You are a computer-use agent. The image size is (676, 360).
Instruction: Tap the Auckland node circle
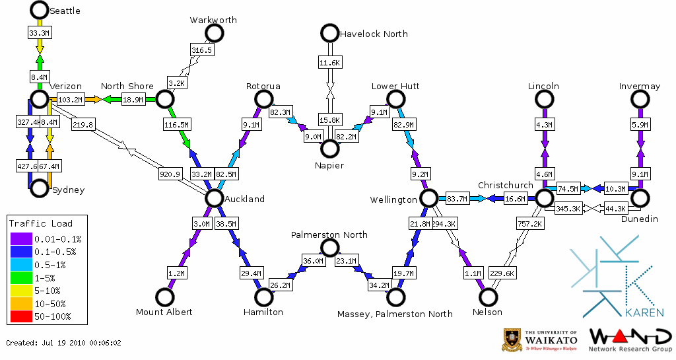pos(214,198)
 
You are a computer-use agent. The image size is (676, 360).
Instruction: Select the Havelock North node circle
pos(329,32)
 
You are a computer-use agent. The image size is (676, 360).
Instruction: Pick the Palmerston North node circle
pos(329,248)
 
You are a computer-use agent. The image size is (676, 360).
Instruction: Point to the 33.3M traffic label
pos(39,32)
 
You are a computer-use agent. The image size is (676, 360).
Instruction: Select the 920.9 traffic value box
pos(170,174)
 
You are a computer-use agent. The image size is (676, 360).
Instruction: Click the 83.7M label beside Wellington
pos(457,198)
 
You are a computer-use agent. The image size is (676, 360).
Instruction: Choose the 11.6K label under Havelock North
pos(329,62)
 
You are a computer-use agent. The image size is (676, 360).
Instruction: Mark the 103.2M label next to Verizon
pos(70,99)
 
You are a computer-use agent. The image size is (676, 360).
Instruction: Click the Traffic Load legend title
pos(41,223)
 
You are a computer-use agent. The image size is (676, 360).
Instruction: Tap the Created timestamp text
pos(64,343)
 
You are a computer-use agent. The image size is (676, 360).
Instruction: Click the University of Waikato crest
pos(512,339)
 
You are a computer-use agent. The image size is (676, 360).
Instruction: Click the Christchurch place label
pos(505,185)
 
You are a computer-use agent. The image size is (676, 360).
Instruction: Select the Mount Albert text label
pos(164,312)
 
